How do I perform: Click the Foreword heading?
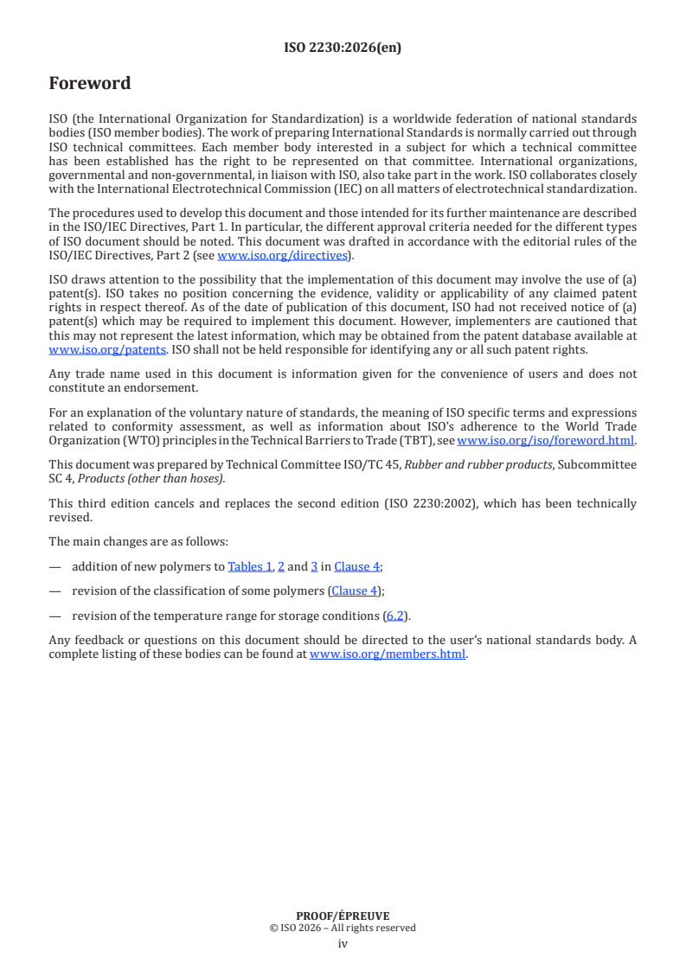[90, 84]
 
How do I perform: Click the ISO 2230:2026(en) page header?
[343, 48]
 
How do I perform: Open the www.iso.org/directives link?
[283, 255]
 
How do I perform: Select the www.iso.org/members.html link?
[388, 654]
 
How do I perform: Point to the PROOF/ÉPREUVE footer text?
[343, 916]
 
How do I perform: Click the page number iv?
[343, 943]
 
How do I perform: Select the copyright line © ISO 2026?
[343, 928]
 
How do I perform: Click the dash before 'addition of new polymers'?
[55, 566]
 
